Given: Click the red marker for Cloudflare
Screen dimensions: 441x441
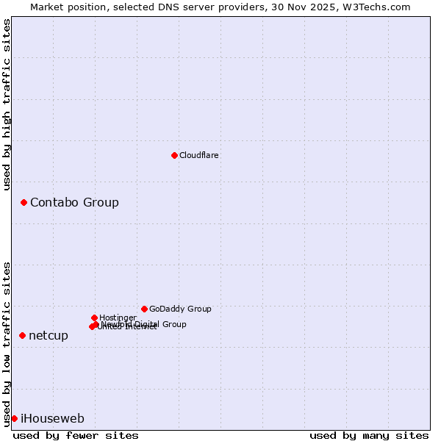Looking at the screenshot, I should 174,155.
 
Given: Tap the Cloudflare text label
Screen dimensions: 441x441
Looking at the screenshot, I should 199,156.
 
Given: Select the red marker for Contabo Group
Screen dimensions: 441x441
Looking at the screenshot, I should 24,202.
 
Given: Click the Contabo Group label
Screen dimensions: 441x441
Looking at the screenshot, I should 74,203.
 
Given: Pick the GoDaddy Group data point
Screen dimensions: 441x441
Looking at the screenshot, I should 144,309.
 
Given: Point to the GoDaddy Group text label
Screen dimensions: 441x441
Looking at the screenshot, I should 180,309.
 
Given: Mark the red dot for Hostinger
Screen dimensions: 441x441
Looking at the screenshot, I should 94,318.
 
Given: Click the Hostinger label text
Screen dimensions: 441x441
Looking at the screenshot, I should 118,318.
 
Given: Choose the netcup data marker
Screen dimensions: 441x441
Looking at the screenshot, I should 22,335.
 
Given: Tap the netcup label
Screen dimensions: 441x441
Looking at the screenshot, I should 49,336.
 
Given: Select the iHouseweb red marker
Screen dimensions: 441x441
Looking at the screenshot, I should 14,418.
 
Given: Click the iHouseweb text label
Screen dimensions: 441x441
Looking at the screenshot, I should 52,419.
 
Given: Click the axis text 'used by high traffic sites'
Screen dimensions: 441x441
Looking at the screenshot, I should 7,104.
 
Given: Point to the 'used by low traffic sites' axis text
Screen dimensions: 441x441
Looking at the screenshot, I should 7,343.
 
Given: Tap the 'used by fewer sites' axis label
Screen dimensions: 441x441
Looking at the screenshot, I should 76,435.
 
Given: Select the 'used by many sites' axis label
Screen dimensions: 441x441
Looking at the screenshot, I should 369,435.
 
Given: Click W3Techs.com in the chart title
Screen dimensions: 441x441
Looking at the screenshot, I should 377,7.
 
